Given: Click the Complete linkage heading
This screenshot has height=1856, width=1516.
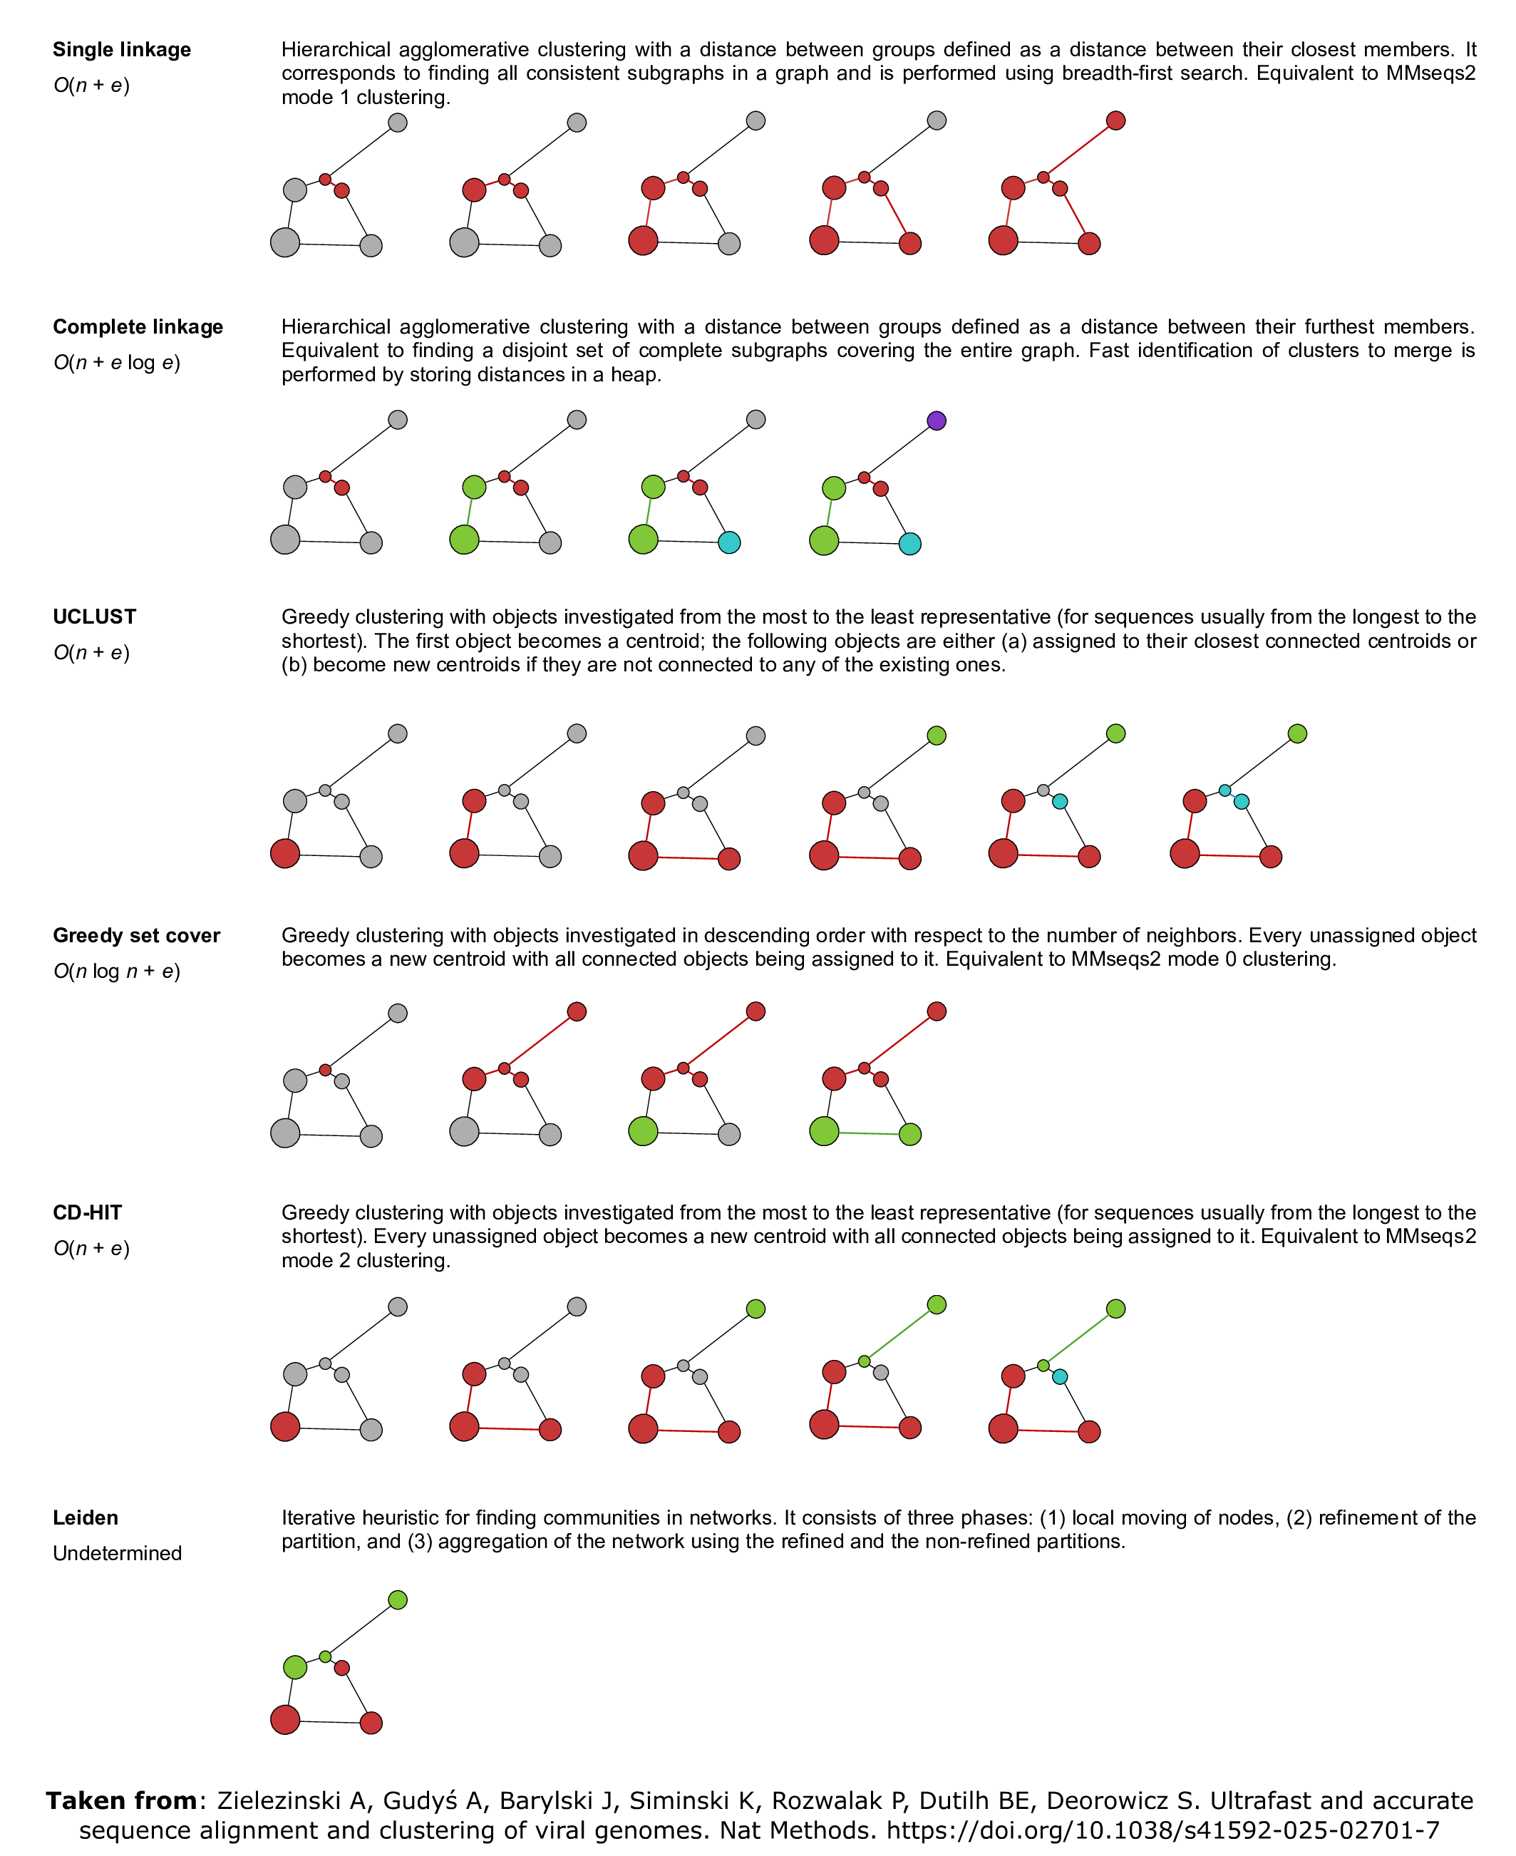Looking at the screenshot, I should coord(138,326).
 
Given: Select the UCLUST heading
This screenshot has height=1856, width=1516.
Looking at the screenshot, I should coord(94,617).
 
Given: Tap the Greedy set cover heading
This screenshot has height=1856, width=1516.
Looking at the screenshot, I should coord(136,935).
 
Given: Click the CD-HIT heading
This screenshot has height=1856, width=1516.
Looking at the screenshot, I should coord(88,1212).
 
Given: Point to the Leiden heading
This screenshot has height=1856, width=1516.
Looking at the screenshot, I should coord(86,1517).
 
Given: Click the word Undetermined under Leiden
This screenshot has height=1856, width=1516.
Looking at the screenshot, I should coord(117,1553).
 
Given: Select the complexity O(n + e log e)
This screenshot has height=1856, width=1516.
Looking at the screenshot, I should coord(116,363).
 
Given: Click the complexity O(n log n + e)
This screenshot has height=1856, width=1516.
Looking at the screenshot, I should coord(116,971).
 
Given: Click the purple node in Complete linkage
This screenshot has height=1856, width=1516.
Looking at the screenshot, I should coord(936,421).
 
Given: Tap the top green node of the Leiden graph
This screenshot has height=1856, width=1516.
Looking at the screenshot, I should coord(397,1600).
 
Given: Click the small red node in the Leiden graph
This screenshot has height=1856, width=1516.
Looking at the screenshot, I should coord(342,1667).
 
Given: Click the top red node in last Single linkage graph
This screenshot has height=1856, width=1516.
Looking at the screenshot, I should coord(1115,120).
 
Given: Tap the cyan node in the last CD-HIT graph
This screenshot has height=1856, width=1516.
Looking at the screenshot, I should coord(1059,1376).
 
